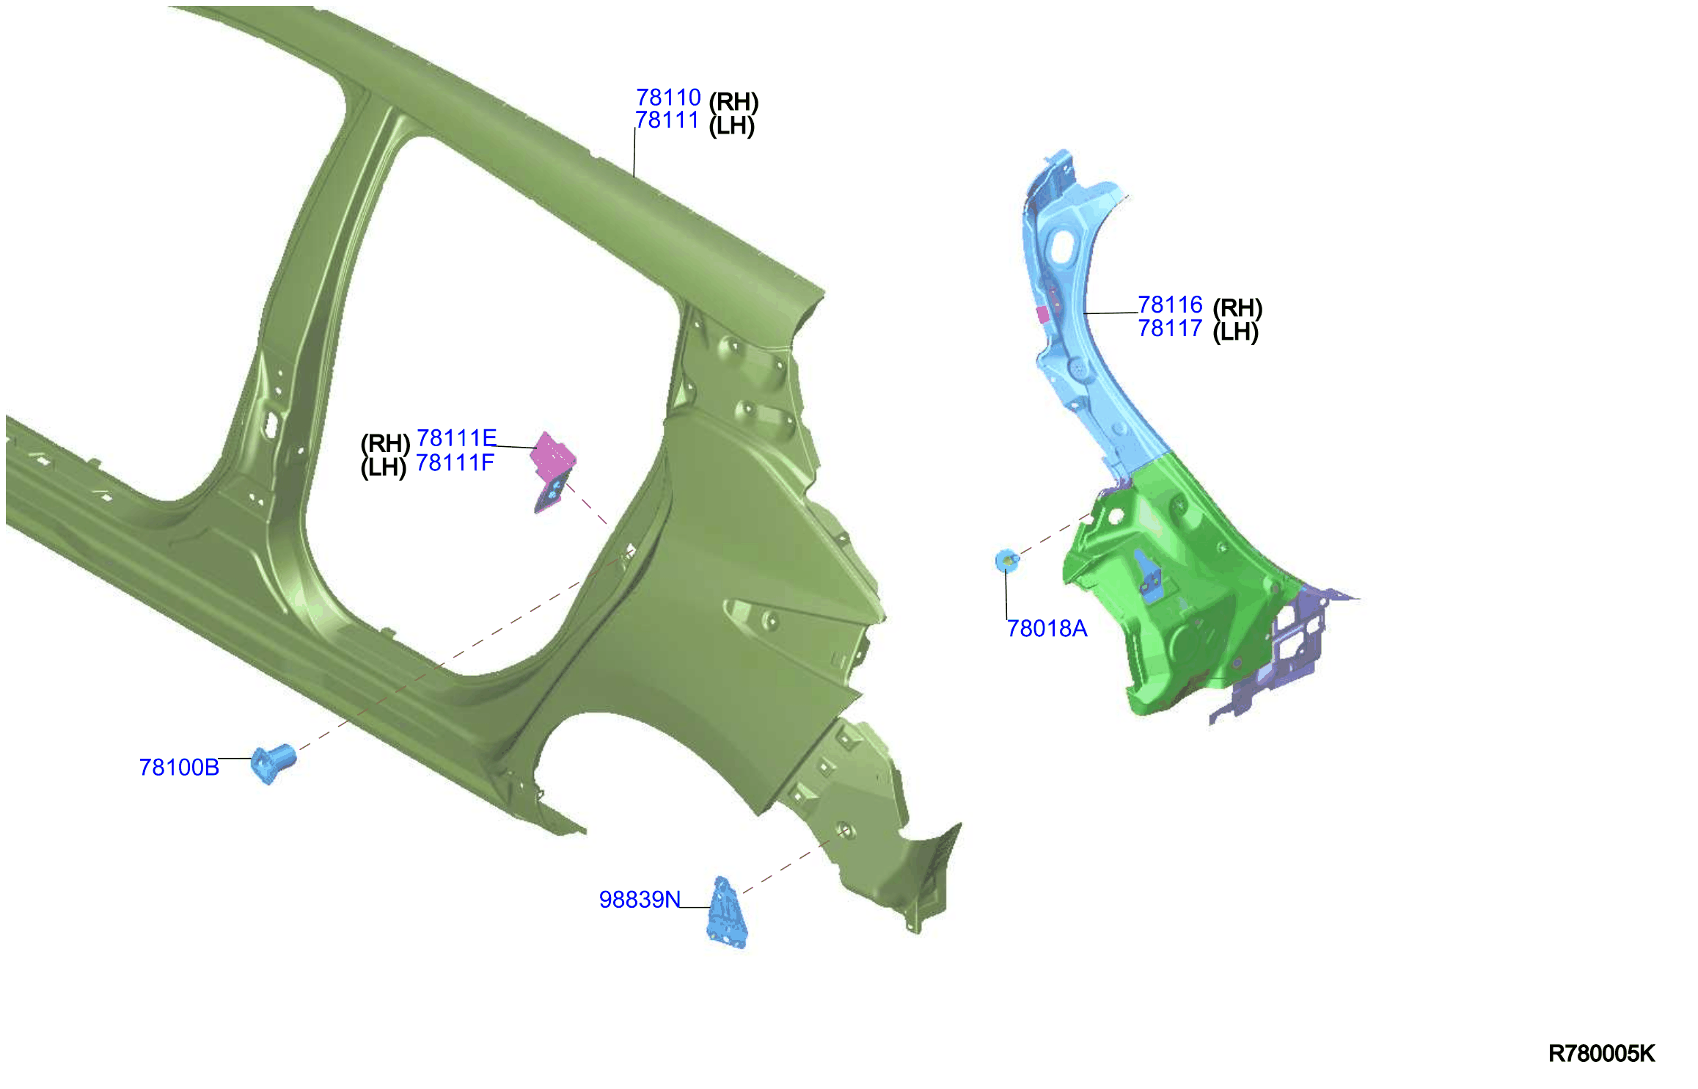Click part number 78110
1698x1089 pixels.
(x=668, y=97)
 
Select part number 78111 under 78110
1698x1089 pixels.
(x=667, y=120)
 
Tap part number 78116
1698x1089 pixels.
(x=1170, y=305)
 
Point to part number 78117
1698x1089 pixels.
(x=1170, y=328)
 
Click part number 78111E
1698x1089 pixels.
(x=456, y=438)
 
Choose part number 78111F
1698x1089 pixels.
(x=455, y=463)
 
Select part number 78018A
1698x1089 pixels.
(x=1047, y=628)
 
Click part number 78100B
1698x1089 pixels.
(x=179, y=767)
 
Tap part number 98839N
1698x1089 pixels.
(x=640, y=899)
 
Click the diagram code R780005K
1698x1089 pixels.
(x=1601, y=1054)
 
